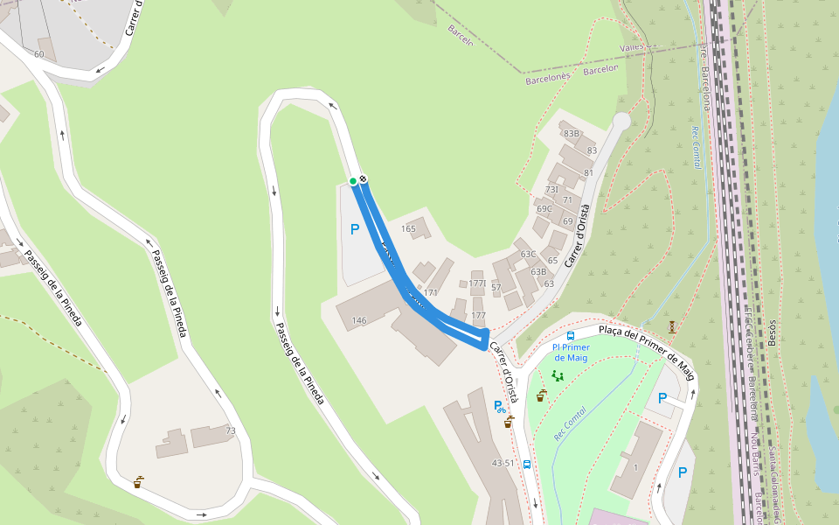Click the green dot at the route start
[353, 181]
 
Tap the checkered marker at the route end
[363, 179]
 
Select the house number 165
[408, 229]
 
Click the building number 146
[358, 321]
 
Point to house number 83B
[572, 134]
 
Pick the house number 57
[496, 288]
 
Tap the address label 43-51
[503, 463]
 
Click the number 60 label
[38, 54]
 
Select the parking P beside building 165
[355, 229]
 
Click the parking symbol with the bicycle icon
[499, 406]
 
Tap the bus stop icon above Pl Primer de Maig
[571, 335]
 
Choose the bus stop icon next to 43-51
[527, 464]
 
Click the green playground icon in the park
[558, 376]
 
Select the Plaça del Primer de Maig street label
[646, 347]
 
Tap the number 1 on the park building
[635, 466]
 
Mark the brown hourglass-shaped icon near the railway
[671, 326]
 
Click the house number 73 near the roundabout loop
[231, 430]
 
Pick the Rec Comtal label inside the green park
[570, 422]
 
